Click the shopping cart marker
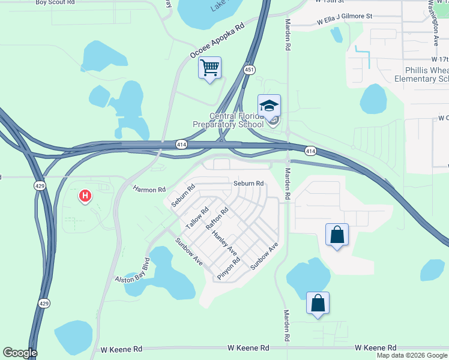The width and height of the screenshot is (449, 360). [x=209, y=69]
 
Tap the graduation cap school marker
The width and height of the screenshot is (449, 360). [x=270, y=107]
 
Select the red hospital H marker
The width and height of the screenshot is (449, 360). [x=85, y=196]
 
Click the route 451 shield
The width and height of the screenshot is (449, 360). [x=250, y=70]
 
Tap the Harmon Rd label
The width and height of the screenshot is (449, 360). [x=149, y=190]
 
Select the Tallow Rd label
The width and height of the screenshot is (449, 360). [x=197, y=217]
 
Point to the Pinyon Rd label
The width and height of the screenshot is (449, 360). [x=229, y=269]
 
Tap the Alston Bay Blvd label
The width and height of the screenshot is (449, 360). [x=132, y=271]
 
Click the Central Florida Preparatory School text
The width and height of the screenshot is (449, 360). [x=228, y=120]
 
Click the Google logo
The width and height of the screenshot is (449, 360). [x=20, y=353]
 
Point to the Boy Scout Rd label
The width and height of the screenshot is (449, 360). [x=56, y=2]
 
